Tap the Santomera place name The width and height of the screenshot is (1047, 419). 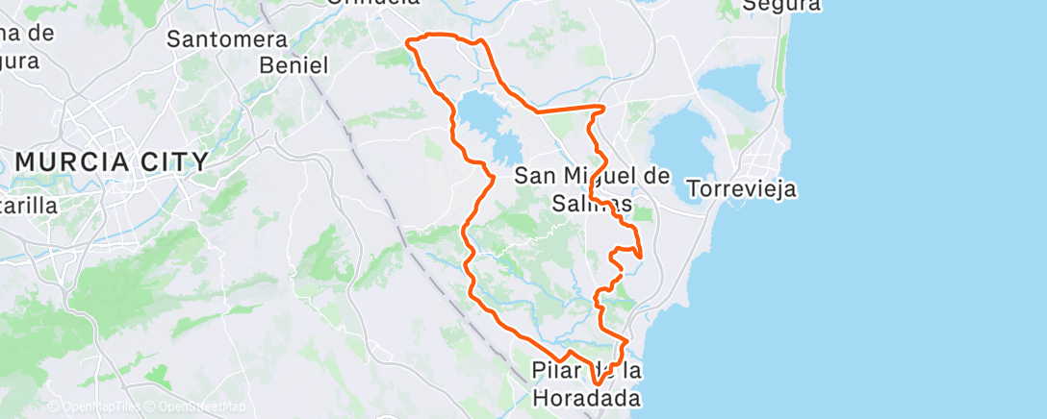227,39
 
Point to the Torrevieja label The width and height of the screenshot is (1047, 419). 742,187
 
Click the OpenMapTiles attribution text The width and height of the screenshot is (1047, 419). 94,407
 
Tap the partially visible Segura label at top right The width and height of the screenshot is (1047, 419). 782,6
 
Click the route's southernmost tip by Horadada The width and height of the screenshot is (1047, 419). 598,386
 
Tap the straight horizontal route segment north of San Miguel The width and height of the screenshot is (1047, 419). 568,110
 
